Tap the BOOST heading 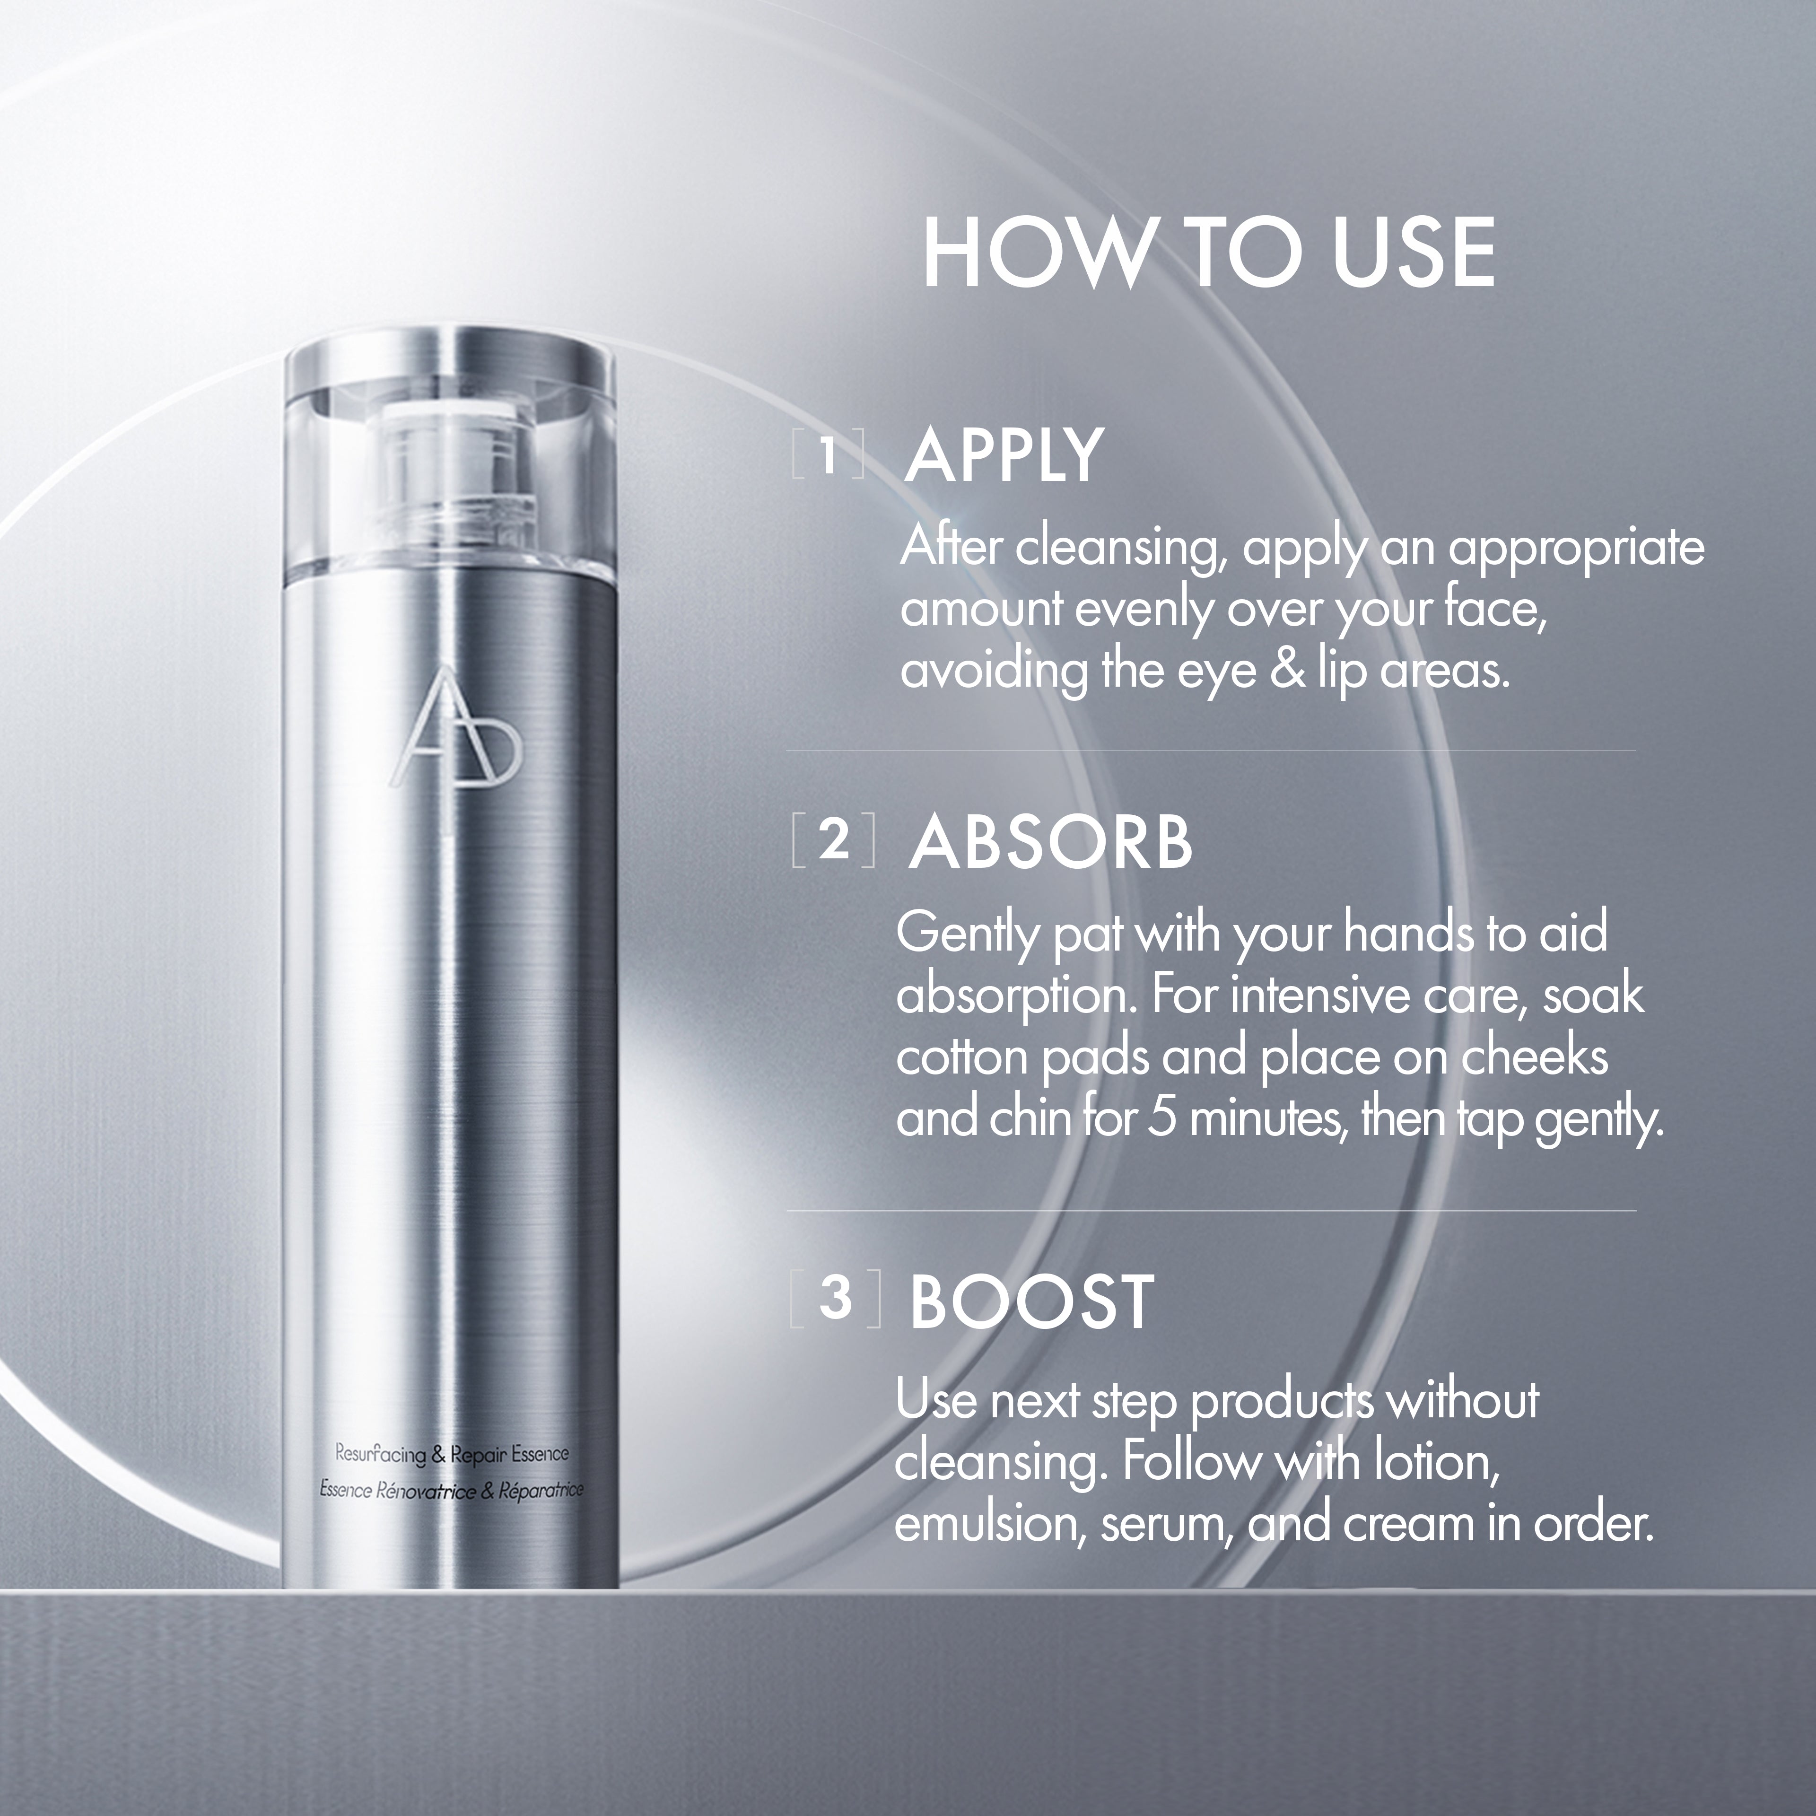[x=1031, y=1302]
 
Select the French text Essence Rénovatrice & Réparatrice [x=451, y=1490]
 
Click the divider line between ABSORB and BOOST [x=1211, y=1211]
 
